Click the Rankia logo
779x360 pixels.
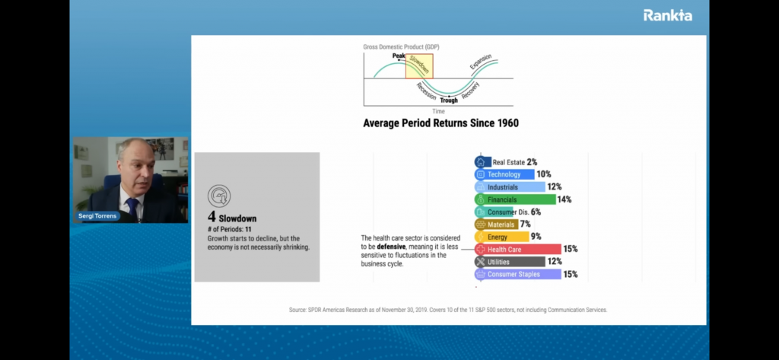tap(667, 15)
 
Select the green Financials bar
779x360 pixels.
tap(515, 199)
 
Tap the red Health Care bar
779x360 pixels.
tap(517, 249)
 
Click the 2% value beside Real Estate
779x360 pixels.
tap(532, 162)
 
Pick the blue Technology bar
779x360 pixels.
tap(504, 174)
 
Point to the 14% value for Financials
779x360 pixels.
tap(564, 199)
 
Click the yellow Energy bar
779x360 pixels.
tap(502, 237)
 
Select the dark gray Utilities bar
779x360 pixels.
tap(510, 262)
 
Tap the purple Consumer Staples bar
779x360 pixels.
tap(517, 274)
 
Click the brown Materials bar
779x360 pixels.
tap(496, 225)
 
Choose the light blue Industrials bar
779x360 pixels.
tap(510, 187)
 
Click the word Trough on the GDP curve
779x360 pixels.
tap(449, 100)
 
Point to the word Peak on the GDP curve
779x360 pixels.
tap(399, 56)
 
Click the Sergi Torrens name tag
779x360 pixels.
tap(97, 216)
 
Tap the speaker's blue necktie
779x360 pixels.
tap(132, 206)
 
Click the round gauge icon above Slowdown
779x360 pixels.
tap(219, 196)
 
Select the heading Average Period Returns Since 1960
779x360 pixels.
tap(440, 123)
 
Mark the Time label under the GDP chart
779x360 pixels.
tap(438, 111)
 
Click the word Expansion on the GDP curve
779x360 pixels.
tap(481, 62)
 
